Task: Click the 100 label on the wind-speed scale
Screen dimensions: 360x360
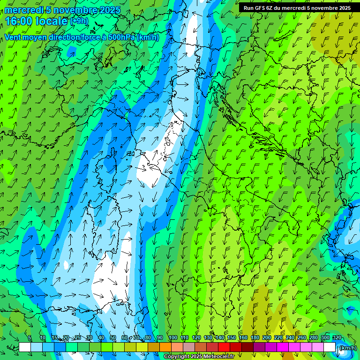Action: [172, 338]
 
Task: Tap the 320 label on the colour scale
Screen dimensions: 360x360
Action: [337, 338]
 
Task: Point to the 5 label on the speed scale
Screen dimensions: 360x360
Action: [30, 338]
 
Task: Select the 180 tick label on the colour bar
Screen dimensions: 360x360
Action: [255, 338]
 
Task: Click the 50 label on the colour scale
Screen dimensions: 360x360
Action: [113, 338]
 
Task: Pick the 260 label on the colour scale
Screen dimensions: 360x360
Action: [301, 338]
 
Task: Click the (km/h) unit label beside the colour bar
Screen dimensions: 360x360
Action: [348, 348]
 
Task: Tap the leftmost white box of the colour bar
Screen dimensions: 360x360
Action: [25, 347]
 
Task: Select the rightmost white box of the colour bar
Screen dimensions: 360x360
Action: [330, 347]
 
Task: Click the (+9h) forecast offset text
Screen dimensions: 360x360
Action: [79, 21]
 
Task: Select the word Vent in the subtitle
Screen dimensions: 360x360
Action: [13, 37]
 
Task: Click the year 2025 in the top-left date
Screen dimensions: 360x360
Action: [107, 10]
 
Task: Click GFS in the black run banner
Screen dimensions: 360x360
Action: [260, 8]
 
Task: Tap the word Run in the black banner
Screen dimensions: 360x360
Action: [249, 8]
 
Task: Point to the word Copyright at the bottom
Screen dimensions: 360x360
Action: [178, 357]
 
